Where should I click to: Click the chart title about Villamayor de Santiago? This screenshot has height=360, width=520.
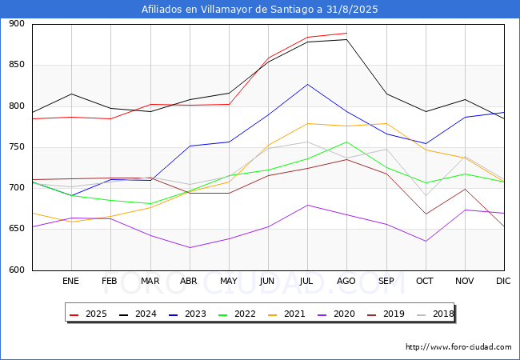coord(260,10)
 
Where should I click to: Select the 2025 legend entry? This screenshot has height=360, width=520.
coord(88,314)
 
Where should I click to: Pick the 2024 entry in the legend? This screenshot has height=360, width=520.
coord(138,314)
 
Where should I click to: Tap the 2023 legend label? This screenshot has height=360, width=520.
coord(187,314)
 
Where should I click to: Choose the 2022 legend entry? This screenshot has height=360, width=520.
coord(237,314)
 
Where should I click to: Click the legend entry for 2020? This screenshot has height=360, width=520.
coord(336,314)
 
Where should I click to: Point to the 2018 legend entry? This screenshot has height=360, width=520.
coord(435,314)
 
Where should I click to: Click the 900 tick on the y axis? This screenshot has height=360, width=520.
coord(17,23)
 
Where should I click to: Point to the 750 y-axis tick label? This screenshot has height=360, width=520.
coord(17,147)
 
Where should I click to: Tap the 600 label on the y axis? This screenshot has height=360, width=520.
coord(17,270)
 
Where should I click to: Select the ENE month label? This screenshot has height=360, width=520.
coord(70,281)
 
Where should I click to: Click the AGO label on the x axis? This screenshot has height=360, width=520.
coord(346,281)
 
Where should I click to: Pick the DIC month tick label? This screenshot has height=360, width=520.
coord(503,281)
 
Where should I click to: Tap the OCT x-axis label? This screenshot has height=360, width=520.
coord(425,281)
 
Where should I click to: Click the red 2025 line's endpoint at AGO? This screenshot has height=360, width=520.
coord(346,33)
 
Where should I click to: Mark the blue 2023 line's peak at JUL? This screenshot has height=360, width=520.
coord(307,84)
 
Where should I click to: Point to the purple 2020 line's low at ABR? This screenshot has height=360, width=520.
coord(190,248)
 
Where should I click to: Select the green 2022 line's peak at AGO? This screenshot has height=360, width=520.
coord(346,142)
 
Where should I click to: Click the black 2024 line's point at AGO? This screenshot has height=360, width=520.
coord(346,39)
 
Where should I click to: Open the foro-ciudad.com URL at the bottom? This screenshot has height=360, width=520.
coord(458,347)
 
